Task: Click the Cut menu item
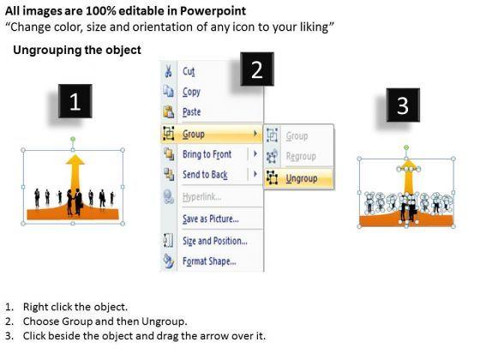coord(189,71)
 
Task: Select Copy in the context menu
coord(191,92)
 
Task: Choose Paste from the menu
coord(192,112)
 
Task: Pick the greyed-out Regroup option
coord(301,156)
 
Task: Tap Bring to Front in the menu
coord(207,154)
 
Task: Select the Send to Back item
coord(205,175)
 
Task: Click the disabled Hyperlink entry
coord(201,196)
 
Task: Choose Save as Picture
coord(211,219)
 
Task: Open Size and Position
coord(215,241)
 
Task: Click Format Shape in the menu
coord(209,261)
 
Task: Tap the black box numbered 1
coord(75,101)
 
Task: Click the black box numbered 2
coord(257,69)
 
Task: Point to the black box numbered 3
coord(403,105)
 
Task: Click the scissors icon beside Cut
coord(168,71)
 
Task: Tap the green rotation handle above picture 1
coord(73,139)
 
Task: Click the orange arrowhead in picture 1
coord(75,159)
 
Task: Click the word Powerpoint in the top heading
coord(213,11)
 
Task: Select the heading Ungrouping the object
coord(77,50)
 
